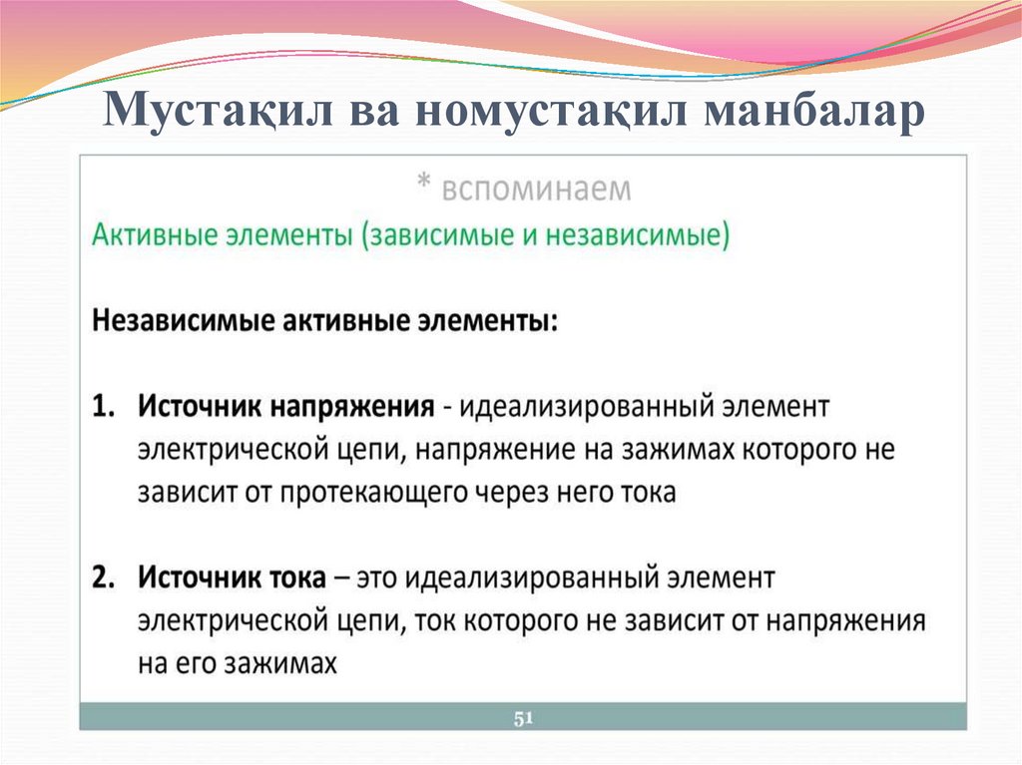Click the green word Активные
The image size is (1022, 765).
[x=152, y=236]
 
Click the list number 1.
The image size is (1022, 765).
[x=103, y=408]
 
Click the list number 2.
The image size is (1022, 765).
[x=103, y=577]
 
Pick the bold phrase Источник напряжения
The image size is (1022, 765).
[x=284, y=408]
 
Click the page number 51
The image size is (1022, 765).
[x=523, y=718]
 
